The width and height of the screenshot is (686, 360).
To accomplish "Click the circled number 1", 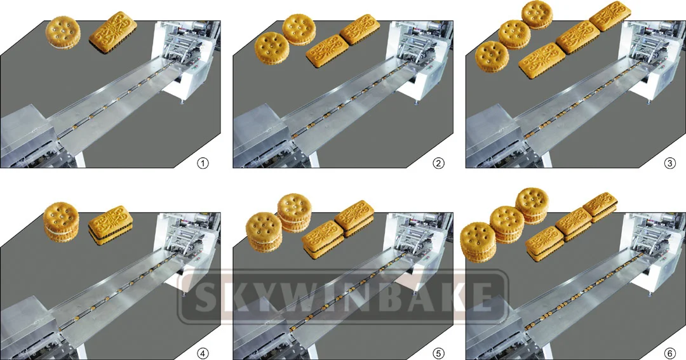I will coord(203,163).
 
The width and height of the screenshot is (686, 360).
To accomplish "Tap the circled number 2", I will coord(438,163).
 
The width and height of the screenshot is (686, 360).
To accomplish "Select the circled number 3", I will coord(669,163).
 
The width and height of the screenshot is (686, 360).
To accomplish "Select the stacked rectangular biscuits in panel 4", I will coord(110,225).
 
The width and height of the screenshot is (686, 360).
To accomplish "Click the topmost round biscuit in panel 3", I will coord(537,15).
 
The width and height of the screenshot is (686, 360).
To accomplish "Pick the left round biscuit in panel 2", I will coord(271,48).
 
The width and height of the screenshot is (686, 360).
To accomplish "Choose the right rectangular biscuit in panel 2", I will coord(360,29).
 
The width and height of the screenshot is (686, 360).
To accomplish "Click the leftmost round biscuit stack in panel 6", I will coord(478,241).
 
